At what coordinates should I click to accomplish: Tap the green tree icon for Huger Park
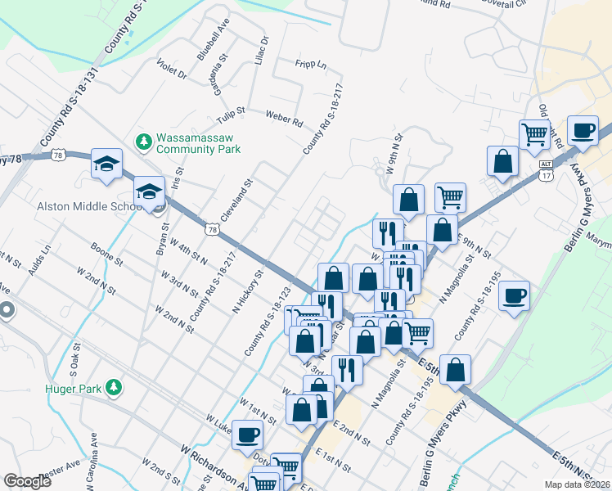[116, 385]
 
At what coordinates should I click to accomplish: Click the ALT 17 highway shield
[546, 169]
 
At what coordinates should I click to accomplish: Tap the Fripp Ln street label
[310, 64]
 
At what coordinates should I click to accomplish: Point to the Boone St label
[106, 253]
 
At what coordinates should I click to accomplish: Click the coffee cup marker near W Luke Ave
[247, 436]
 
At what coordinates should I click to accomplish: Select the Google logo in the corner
[27, 481]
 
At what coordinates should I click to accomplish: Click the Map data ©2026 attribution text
[578, 484]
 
